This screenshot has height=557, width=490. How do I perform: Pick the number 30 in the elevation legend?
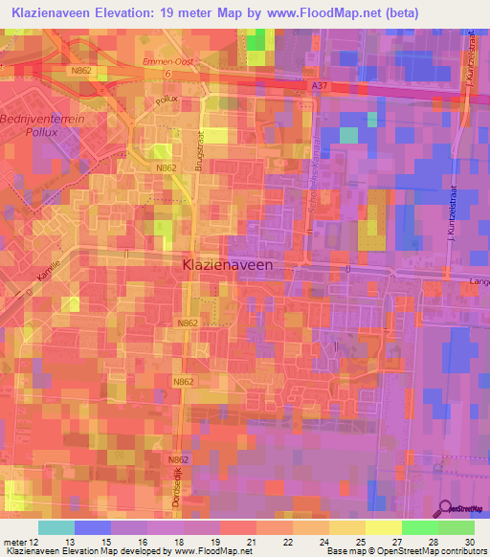tap(467, 542)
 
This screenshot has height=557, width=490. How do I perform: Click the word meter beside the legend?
tap(11, 542)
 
